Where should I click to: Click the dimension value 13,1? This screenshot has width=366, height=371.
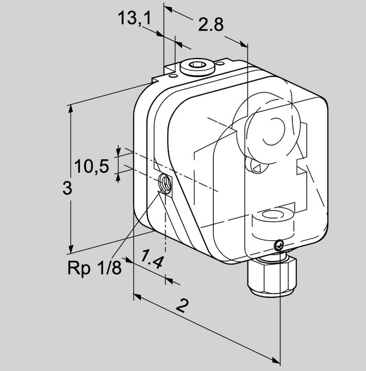[x=135, y=18]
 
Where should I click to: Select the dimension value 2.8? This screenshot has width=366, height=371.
[x=210, y=25]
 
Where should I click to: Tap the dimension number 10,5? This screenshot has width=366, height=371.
[x=91, y=166]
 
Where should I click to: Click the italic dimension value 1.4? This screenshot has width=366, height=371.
[x=151, y=259]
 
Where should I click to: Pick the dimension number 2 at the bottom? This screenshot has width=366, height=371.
[x=182, y=305]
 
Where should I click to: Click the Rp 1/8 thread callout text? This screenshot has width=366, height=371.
[x=94, y=268]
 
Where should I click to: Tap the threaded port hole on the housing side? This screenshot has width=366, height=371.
[x=165, y=182]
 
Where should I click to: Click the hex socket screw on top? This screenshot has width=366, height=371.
[x=197, y=67]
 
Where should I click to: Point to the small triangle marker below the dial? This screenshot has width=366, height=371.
[x=257, y=169]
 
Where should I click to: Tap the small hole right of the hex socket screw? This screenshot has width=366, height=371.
[x=221, y=64]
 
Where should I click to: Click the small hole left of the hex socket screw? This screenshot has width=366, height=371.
[x=174, y=76]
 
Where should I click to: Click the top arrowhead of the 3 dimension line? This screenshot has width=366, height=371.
[x=70, y=109]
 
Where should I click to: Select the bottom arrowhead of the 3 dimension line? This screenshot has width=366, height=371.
[x=70, y=249]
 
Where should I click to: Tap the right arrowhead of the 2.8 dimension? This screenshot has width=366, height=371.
[x=244, y=44]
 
